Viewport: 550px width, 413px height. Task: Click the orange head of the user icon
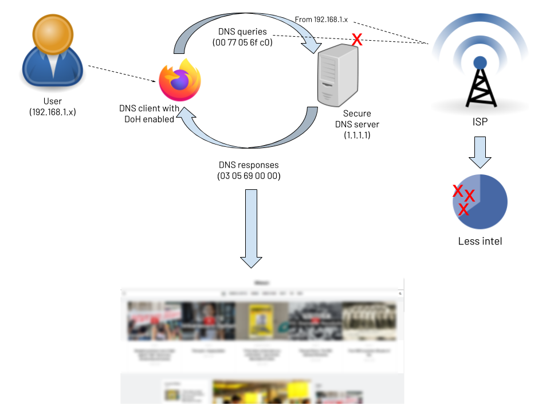click(x=53, y=33)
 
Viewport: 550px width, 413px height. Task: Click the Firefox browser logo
click(x=180, y=80)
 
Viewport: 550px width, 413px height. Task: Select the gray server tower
click(x=337, y=76)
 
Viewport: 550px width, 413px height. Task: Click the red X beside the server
click(x=357, y=40)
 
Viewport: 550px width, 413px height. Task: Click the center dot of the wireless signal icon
click(x=480, y=63)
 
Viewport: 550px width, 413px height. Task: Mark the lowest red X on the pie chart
click(x=463, y=211)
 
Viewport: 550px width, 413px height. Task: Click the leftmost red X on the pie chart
click(x=457, y=190)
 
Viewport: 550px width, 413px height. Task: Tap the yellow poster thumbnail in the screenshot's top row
click(x=262, y=321)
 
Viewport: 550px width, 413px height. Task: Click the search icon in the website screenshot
click(x=400, y=293)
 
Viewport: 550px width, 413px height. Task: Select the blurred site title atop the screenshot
click(x=262, y=283)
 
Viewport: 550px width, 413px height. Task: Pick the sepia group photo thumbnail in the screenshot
click(x=369, y=321)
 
